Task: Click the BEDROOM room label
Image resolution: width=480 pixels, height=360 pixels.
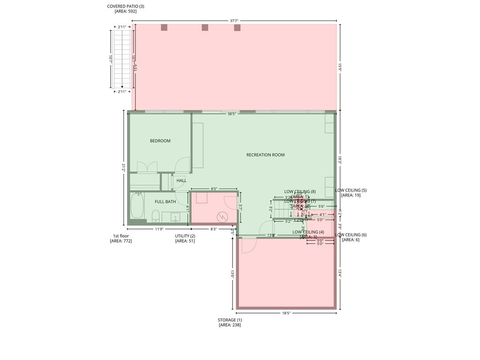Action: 160,141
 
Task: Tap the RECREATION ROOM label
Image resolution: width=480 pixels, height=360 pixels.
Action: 265,155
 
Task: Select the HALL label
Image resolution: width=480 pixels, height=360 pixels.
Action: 181,180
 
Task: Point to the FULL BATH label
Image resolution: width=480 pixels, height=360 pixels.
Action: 165,202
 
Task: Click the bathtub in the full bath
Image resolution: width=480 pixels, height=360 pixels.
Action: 137,206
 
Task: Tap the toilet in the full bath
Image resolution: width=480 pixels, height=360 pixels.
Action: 156,216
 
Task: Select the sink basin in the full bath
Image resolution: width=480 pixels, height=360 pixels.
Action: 175,217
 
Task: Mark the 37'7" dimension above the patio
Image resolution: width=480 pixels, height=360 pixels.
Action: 234,21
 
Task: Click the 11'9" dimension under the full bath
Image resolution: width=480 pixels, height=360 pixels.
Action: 159,229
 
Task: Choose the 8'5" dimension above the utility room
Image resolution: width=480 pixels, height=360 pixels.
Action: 214,189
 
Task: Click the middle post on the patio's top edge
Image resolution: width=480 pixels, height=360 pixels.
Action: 205,28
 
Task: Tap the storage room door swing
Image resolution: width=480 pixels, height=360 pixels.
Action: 248,246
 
